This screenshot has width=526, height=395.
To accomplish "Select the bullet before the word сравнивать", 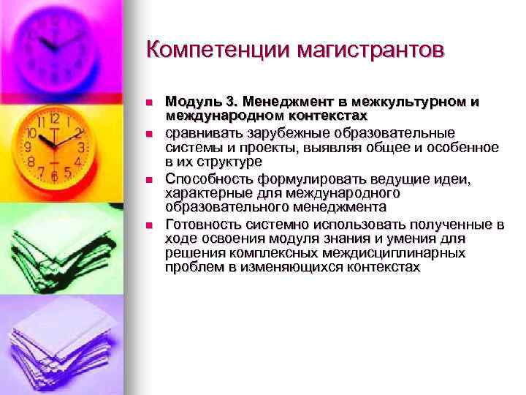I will click(148, 134).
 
